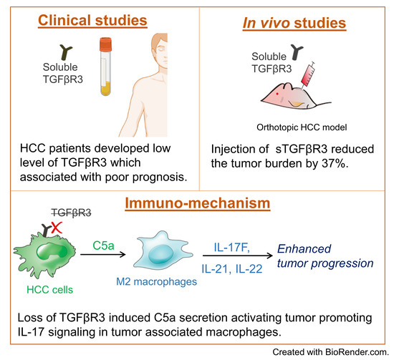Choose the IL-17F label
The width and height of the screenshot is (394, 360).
click(x=233, y=245)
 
